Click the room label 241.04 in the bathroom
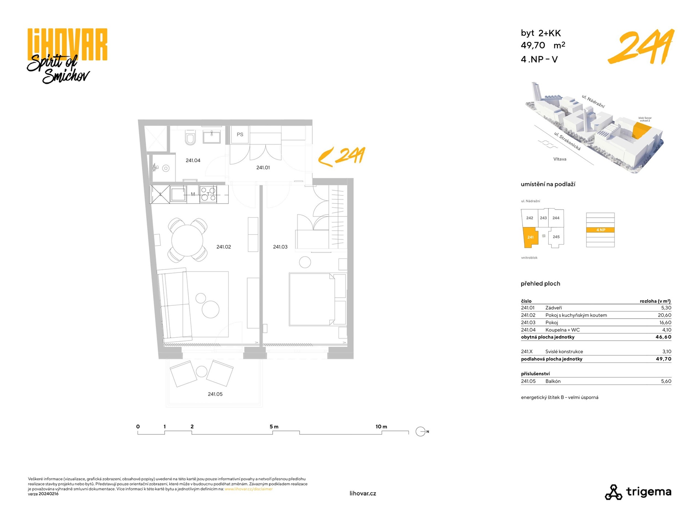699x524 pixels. [193, 160]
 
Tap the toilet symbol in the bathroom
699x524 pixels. [190, 138]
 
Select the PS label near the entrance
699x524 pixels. [240, 135]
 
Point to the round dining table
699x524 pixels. [187, 240]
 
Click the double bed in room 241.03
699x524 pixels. [312, 299]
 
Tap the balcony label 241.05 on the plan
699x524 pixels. [215, 394]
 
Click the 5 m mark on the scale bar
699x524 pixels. [274, 426]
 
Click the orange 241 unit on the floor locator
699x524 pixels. [530, 238]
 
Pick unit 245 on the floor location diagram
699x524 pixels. [556, 237]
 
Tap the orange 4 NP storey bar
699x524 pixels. [600, 230]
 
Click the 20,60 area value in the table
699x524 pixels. [664, 315]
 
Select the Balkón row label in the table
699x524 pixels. [553, 381]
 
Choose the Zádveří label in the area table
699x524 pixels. [553, 308]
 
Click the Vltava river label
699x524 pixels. [560, 159]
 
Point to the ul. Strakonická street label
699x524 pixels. [567, 141]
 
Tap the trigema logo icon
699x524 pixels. [613, 492]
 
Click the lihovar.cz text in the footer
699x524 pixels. [363, 493]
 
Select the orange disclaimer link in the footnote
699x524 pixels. [249, 489]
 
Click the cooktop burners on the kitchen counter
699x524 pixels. [208, 194]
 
